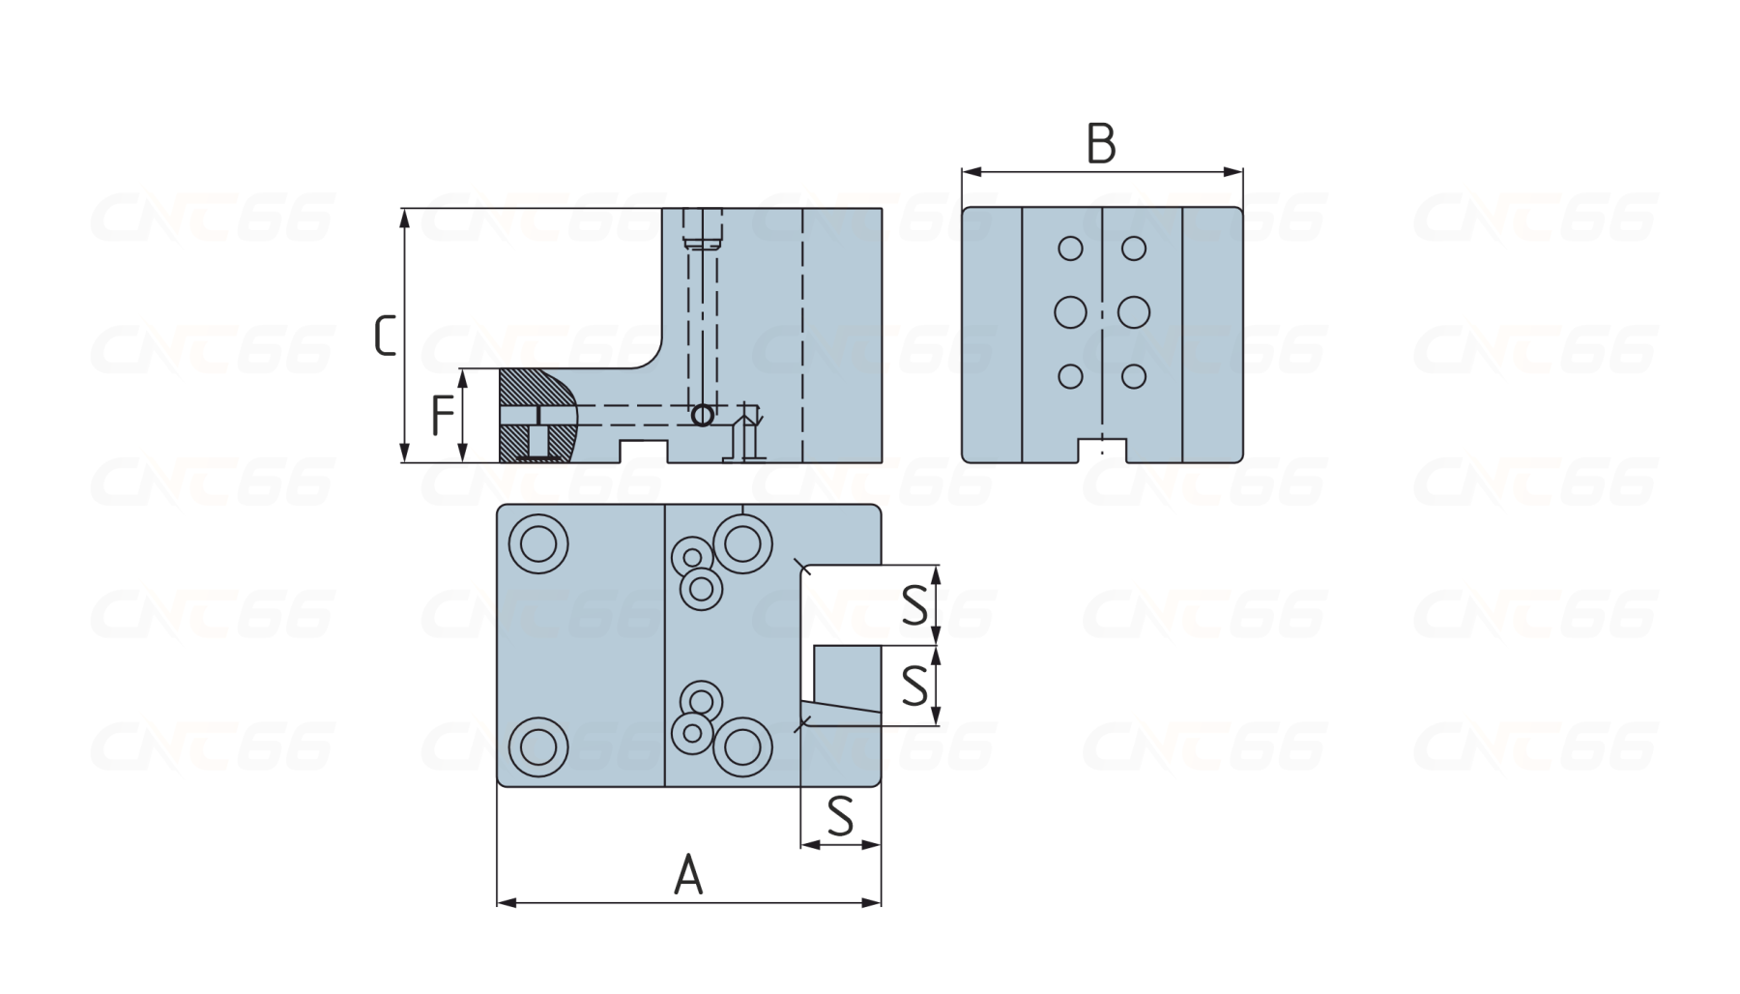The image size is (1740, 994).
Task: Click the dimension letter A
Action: point(688,875)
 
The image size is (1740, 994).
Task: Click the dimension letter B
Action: point(1101,144)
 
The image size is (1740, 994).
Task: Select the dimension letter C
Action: point(385,336)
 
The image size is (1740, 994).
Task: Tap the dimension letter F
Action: point(442,416)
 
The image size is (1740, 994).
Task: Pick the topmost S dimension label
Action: point(914,605)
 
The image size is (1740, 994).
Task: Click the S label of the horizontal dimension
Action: point(841,816)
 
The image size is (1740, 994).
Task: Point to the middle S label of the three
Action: point(914,686)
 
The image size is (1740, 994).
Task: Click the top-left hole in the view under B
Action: point(1070,248)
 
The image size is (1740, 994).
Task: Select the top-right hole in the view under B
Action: point(1134,248)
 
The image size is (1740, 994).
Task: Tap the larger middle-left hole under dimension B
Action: point(1070,312)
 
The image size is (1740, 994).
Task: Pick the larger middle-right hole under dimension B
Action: point(1134,312)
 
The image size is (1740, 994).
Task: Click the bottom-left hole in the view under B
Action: point(1070,376)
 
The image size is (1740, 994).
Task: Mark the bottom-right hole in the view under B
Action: point(1134,376)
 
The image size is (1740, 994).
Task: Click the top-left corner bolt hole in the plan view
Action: point(538,544)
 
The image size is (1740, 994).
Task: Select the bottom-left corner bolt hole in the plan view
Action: point(538,747)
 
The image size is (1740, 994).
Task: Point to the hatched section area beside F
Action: point(522,387)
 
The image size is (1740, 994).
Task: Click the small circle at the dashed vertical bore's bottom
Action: point(703,416)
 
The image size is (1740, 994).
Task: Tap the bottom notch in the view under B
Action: point(1102,451)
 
